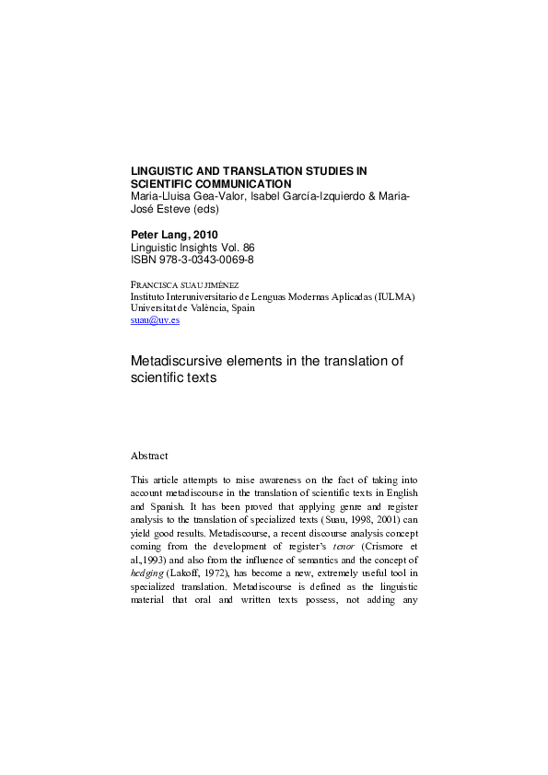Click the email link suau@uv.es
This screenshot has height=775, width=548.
(156, 320)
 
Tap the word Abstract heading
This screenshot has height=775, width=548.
(150, 456)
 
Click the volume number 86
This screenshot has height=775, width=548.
(246, 248)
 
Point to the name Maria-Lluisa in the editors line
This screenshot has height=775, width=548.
(164, 196)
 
